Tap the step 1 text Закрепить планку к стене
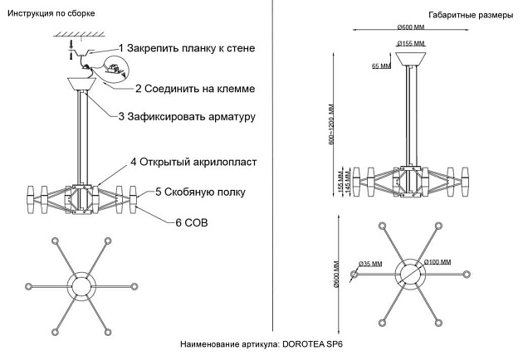(186, 48)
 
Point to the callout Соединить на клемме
(194, 88)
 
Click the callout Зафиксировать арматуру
(186, 117)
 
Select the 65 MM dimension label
(381, 66)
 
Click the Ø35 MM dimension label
(369, 264)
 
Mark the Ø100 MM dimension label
(437, 263)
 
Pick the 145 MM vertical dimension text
(347, 183)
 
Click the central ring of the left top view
(81, 285)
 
